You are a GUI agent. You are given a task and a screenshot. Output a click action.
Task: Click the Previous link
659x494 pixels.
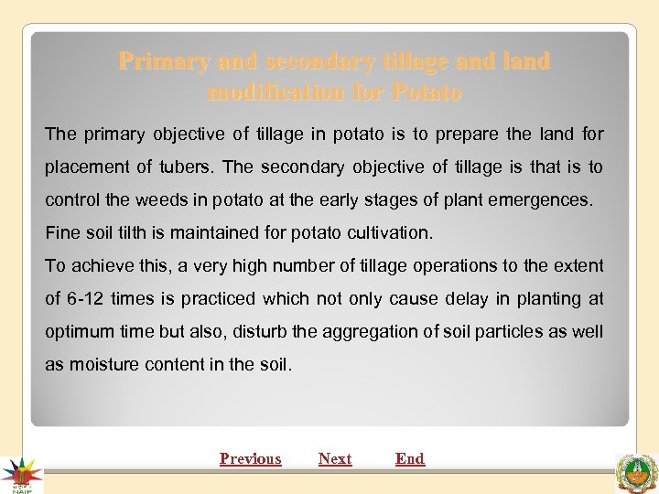pos(250,458)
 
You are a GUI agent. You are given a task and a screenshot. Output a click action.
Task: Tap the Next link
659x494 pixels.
pos(335,458)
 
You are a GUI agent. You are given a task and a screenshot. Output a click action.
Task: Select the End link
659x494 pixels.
pos(410,458)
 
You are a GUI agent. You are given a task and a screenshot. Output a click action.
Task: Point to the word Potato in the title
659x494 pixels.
pos(427,92)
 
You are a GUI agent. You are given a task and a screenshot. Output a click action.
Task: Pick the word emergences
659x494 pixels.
pos(544,199)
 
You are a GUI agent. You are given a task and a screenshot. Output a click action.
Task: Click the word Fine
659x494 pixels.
pos(61,232)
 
